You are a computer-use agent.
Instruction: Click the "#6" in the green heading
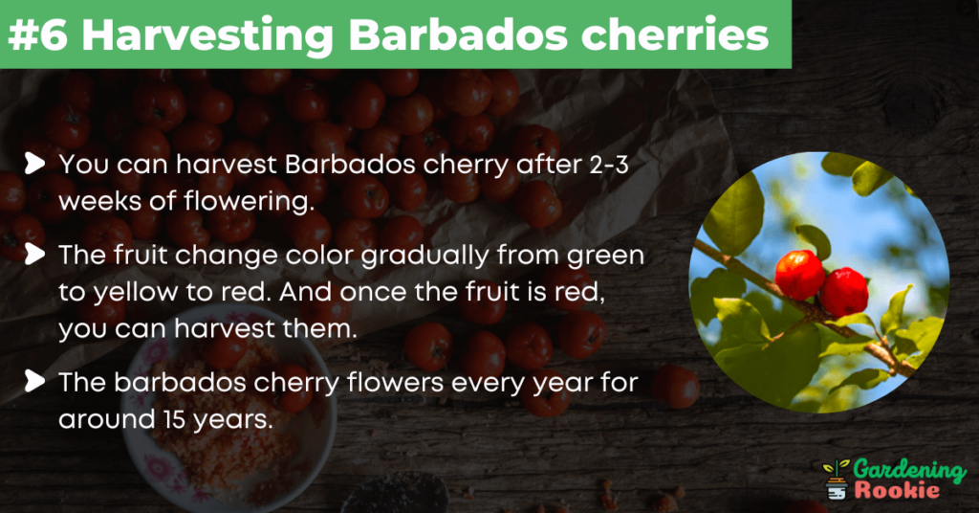(x=37, y=34)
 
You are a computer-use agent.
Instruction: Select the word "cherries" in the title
(x=675, y=35)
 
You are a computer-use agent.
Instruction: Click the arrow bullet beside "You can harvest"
(x=35, y=164)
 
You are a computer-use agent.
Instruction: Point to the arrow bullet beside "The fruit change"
(x=35, y=255)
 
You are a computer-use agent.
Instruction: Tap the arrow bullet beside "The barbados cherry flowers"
(x=35, y=381)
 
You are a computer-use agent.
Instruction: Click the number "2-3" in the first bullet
(x=609, y=165)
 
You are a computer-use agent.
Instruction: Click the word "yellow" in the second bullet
(x=135, y=293)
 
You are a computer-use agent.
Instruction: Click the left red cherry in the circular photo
(x=800, y=275)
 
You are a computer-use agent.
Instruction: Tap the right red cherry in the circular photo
(x=843, y=291)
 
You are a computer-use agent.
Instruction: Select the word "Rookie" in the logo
(x=897, y=490)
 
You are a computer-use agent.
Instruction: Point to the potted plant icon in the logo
(x=836, y=480)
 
